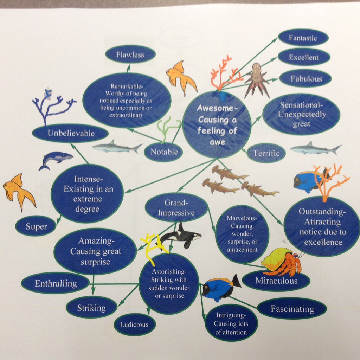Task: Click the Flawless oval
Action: (x=130, y=54)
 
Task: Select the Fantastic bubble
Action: (x=303, y=38)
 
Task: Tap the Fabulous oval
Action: (x=306, y=78)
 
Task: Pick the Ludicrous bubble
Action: (x=135, y=324)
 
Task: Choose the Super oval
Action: (x=36, y=226)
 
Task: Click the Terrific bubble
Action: (x=266, y=153)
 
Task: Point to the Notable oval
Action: (x=163, y=152)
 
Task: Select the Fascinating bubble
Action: (x=292, y=309)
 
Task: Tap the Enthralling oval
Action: (x=55, y=283)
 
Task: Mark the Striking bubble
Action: (x=92, y=307)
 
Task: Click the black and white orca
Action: (x=179, y=237)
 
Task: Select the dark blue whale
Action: (x=56, y=160)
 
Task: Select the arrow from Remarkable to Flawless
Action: (x=129, y=68)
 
